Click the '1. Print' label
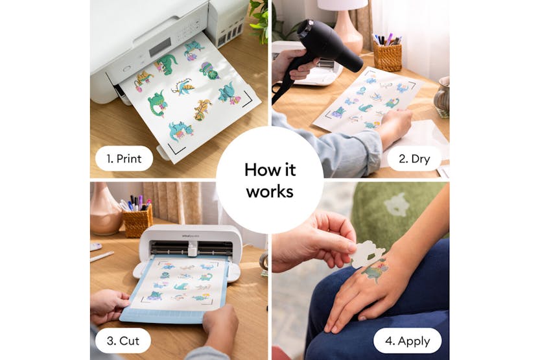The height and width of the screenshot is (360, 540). (x=124, y=158)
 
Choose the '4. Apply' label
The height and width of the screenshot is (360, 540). (x=408, y=341)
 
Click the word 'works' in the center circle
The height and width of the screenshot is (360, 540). (x=269, y=193)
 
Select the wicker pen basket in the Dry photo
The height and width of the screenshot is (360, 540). (x=387, y=57)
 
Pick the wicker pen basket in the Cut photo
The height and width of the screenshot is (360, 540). (x=137, y=221)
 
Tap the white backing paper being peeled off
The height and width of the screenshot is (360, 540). (x=367, y=254)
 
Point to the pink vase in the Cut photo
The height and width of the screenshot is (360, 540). (x=105, y=211)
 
